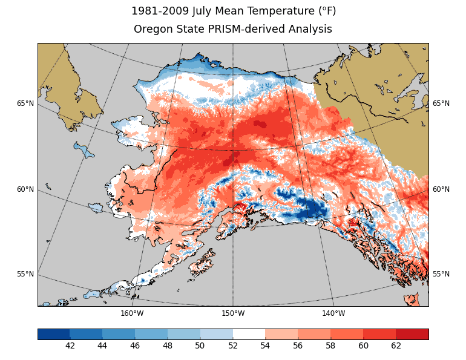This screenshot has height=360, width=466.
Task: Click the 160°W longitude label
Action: (132, 313)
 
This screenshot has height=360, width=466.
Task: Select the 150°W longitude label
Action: (233, 313)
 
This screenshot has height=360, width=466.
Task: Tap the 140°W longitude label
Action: (333, 313)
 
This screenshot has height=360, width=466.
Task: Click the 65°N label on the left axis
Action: (25, 103)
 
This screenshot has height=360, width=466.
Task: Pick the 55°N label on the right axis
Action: (441, 274)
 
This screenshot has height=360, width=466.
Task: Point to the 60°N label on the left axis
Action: (25, 189)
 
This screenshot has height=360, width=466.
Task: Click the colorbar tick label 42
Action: (70, 346)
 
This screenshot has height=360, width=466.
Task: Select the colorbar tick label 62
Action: (396, 346)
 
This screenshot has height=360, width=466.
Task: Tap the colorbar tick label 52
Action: (233, 346)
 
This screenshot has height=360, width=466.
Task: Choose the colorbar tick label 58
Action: (330, 346)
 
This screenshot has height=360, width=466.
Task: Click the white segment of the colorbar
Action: (249, 334)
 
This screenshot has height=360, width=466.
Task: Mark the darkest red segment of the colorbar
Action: (412, 334)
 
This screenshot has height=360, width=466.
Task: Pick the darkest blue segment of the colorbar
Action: (54, 334)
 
